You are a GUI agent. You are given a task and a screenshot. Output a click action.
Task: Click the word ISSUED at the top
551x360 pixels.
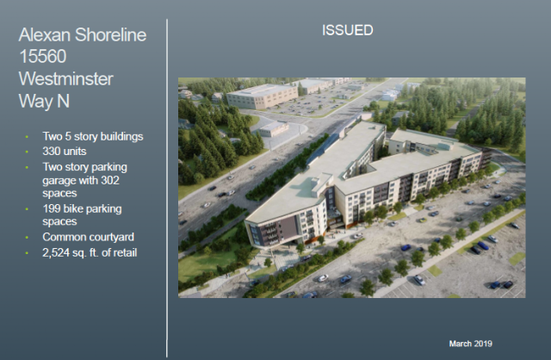348,30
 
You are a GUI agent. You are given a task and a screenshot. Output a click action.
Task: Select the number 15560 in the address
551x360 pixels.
42,56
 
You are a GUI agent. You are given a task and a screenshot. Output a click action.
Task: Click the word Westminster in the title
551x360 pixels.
66,78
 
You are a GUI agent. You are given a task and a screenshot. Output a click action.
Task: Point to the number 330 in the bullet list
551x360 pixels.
51,152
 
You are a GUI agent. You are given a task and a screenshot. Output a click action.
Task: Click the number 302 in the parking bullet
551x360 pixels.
110,180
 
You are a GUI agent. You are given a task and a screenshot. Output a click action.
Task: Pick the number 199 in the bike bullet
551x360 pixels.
51,208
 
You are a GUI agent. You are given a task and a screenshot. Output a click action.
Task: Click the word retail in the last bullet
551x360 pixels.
126,252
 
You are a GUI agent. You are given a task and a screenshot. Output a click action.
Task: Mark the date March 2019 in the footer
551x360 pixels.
471,344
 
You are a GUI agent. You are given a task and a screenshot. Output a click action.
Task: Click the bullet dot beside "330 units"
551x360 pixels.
27,152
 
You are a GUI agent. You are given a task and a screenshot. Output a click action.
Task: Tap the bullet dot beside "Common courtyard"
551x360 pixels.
27,238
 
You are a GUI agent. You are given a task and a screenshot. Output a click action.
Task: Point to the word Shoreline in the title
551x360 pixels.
111,34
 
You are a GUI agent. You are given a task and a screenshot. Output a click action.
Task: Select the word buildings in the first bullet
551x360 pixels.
122,136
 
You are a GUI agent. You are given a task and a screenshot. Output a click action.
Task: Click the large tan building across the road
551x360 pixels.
262,95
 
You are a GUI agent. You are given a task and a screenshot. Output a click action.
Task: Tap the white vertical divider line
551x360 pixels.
167,188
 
